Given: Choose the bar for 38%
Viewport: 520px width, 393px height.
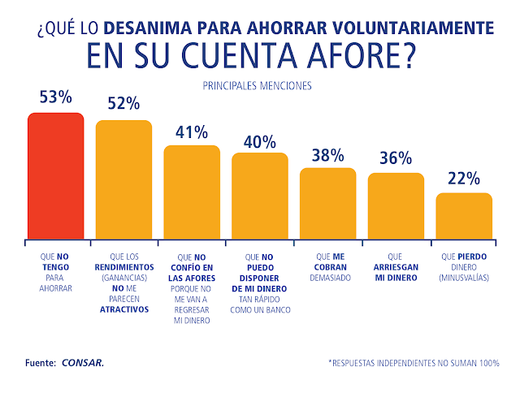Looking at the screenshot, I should (x=328, y=202).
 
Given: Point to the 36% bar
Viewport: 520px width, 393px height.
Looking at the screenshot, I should (x=396, y=205).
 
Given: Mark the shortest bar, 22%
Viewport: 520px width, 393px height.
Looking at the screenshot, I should (x=464, y=214).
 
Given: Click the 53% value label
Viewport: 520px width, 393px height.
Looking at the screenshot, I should (x=56, y=97).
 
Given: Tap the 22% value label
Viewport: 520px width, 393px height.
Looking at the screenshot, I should (x=464, y=179).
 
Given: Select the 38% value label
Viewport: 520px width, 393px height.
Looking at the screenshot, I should (x=328, y=153).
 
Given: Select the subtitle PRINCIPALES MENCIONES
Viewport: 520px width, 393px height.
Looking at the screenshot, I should (x=260, y=84).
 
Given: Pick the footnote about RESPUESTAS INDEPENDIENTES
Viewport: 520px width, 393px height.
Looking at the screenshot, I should (x=413, y=362).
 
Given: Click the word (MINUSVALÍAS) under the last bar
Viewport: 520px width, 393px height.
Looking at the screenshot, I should (x=464, y=278).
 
